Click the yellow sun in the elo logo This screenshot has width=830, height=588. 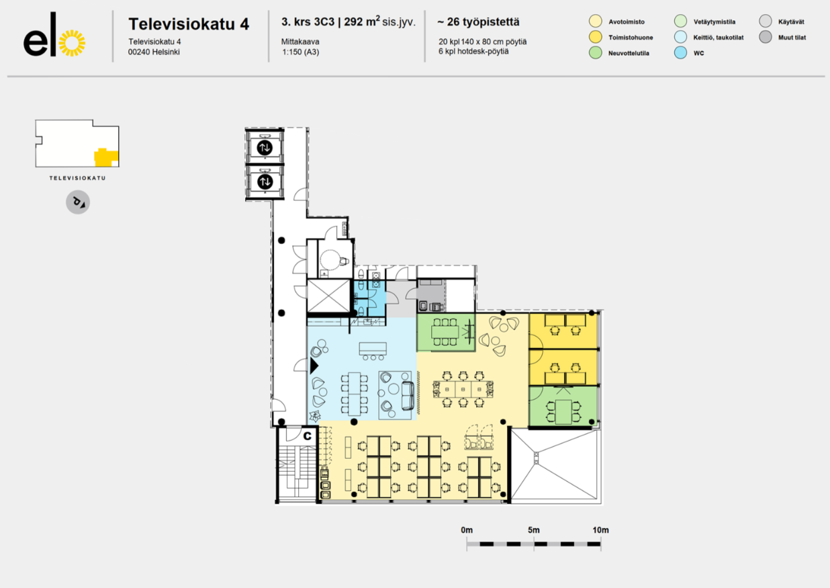pyautogui.click(x=72, y=43)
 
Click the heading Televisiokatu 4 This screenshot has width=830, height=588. pyautogui.click(x=189, y=24)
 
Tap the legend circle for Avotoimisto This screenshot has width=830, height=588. pyautogui.click(x=595, y=21)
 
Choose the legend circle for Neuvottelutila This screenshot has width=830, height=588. pyautogui.click(x=595, y=52)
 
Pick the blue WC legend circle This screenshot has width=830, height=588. pyautogui.click(x=680, y=52)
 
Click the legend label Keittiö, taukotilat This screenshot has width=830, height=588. pyautogui.click(x=718, y=38)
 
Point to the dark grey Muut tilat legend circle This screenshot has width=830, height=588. pyautogui.click(x=765, y=37)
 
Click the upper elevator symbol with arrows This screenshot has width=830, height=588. pyautogui.click(x=265, y=148)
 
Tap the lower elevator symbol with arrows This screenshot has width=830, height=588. pyautogui.click(x=265, y=181)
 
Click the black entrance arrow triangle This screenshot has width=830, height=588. pyautogui.click(x=314, y=366)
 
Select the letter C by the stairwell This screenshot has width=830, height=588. pyautogui.click(x=307, y=436)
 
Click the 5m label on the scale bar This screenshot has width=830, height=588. pyautogui.click(x=534, y=530)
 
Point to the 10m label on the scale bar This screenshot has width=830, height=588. pyautogui.click(x=600, y=530)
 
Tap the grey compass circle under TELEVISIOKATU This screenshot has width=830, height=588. pyautogui.click(x=78, y=202)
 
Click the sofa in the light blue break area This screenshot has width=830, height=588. pyautogui.click(x=408, y=396)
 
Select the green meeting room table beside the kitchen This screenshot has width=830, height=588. pyautogui.click(x=445, y=332)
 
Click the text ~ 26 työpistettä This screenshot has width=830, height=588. pyautogui.click(x=478, y=22)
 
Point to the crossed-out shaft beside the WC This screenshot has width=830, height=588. pyautogui.click(x=328, y=296)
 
